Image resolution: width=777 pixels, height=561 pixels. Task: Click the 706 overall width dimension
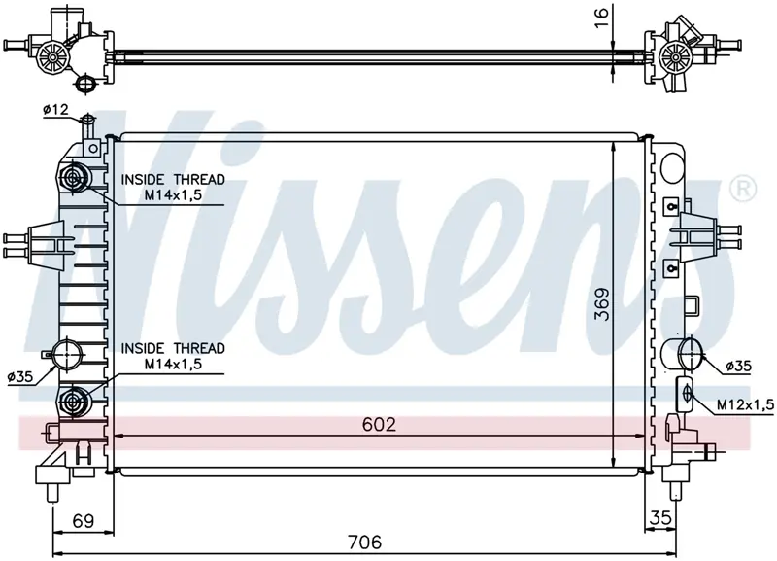(x=364, y=542)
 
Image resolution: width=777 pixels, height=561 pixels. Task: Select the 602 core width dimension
(x=379, y=424)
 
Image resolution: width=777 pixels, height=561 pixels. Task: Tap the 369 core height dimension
(x=602, y=303)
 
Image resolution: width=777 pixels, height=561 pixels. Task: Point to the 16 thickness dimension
(x=600, y=18)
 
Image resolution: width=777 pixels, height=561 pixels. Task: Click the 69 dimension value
(x=83, y=521)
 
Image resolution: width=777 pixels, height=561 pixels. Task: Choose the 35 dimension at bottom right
(x=660, y=517)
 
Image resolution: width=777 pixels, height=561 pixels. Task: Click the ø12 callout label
(x=55, y=110)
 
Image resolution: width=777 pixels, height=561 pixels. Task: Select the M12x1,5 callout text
(x=745, y=405)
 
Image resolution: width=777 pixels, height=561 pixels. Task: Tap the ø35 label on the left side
(x=20, y=377)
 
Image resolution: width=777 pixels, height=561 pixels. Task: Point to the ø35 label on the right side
(x=738, y=367)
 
